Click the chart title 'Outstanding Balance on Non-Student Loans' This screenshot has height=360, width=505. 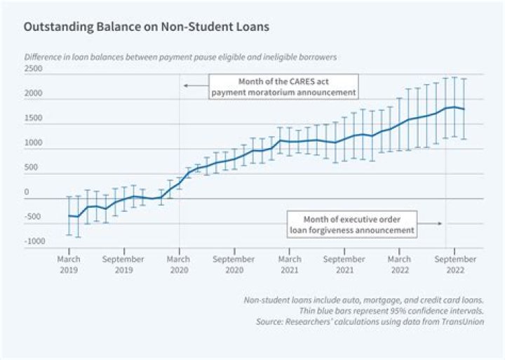coord(146,28)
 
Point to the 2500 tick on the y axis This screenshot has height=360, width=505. coord(33,69)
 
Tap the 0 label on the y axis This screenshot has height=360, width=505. coord(27,192)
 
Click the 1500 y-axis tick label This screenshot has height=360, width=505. coord(33,118)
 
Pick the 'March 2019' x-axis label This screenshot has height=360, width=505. coord(69,264)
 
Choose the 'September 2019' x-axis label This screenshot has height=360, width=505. coord(124,264)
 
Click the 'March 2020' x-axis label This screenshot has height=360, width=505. coord(179,264)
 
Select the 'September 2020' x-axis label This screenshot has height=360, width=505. coord(234,264)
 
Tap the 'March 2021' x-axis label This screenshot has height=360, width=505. coord(289,264)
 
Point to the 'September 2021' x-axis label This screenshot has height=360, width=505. coord(344,264)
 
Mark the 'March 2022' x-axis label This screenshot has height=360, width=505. coord(400,264)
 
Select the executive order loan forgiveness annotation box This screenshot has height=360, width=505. coord(352,224)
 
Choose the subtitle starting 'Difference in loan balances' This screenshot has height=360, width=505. coord(181,55)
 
